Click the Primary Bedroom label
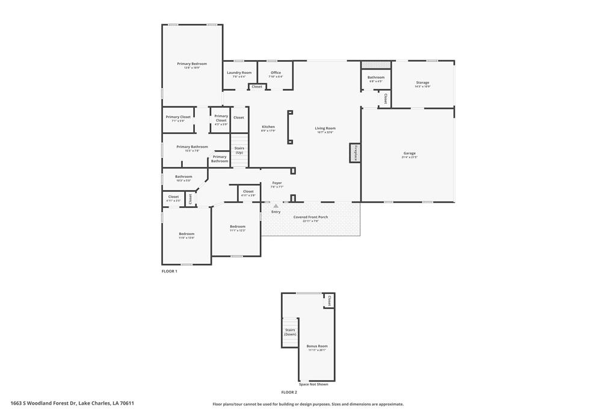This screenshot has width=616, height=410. [192, 64]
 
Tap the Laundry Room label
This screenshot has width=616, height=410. [239, 73]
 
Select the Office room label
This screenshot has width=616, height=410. [276, 73]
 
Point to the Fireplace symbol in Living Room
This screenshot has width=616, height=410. [355, 153]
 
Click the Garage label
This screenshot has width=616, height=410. [409, 153]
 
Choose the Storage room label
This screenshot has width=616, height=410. [422, 82]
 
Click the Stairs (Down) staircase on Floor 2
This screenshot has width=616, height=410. [290, 332]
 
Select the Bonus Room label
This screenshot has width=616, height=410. [316, 346]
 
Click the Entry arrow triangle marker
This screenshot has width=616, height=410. [276, 206]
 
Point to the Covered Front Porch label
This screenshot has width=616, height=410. [310, 217]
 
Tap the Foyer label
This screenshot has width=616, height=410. [277, 183]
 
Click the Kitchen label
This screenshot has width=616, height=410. [268, 127]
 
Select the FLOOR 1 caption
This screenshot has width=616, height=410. [169, 271]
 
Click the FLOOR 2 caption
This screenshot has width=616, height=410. [289, 392]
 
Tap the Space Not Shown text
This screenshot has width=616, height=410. [313, 384]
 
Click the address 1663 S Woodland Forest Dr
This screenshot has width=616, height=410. [72, 403]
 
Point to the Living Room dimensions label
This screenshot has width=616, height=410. [325, 132]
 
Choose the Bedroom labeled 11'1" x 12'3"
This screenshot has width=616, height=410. [238, 227]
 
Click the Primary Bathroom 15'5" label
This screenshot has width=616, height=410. [192, 147]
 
